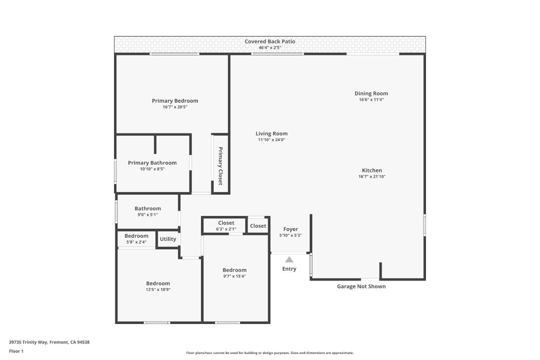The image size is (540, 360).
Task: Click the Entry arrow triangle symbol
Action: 289,259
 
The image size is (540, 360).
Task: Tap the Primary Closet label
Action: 220,166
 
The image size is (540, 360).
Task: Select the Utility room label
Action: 168,239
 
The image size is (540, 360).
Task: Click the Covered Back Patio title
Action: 270,41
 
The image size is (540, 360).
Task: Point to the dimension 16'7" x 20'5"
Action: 175,107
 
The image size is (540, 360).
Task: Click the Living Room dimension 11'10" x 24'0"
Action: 271,140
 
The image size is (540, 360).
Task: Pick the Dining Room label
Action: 371,93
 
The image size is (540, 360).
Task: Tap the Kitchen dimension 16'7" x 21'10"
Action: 372,177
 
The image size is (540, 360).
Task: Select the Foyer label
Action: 291,229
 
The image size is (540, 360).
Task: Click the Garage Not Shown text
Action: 361,286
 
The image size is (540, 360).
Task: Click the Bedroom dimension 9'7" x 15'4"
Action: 234,276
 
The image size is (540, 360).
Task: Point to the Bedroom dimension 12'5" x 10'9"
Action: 158,289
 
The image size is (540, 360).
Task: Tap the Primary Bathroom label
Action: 152,163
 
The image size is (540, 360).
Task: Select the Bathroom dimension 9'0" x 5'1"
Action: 148,215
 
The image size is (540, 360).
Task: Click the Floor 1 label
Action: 16,351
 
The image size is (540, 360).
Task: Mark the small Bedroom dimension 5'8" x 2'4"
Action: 136,242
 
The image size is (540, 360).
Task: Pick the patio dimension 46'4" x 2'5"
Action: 270,48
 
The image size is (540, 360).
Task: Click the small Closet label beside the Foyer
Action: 258,226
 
